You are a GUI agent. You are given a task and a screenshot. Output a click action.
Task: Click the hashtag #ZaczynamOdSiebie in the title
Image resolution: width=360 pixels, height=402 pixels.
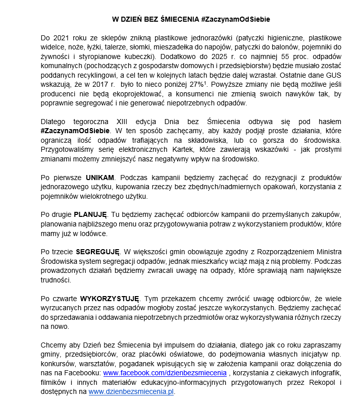pyautogui.click(x=235, y=19)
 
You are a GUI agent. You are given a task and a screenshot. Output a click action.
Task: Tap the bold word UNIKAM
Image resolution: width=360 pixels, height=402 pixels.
pyautogui.click(x=100, y=178)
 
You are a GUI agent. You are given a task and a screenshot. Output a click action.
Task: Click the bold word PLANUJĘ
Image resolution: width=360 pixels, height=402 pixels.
pyautogui.click(x=90, y=214)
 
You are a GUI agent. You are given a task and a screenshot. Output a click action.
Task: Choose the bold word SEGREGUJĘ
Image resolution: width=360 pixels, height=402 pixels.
pyautogui.click(x=97, y=251)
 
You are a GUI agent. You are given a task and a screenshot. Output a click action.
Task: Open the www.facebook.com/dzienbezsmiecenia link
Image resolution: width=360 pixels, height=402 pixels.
pyautogui.click(x=165, y=373)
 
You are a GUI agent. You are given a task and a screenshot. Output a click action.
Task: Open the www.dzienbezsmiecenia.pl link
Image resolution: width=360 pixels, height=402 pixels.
pyautogui.click(x=131, y=392)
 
